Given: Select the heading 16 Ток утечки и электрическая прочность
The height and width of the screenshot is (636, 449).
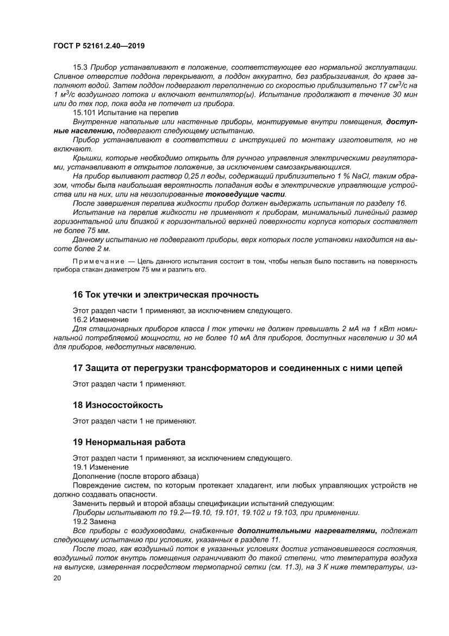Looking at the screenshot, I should (x=165, y=294).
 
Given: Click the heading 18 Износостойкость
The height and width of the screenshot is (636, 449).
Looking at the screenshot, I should (x=117, y=405).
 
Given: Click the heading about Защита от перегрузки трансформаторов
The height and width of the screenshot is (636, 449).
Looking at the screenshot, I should (x=238, y=368).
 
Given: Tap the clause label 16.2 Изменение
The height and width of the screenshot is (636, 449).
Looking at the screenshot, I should (x=101, y=320).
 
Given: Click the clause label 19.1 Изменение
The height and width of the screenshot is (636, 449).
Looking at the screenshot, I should (x=101, y=467).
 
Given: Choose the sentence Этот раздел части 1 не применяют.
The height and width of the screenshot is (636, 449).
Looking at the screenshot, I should (x=134, y=421).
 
